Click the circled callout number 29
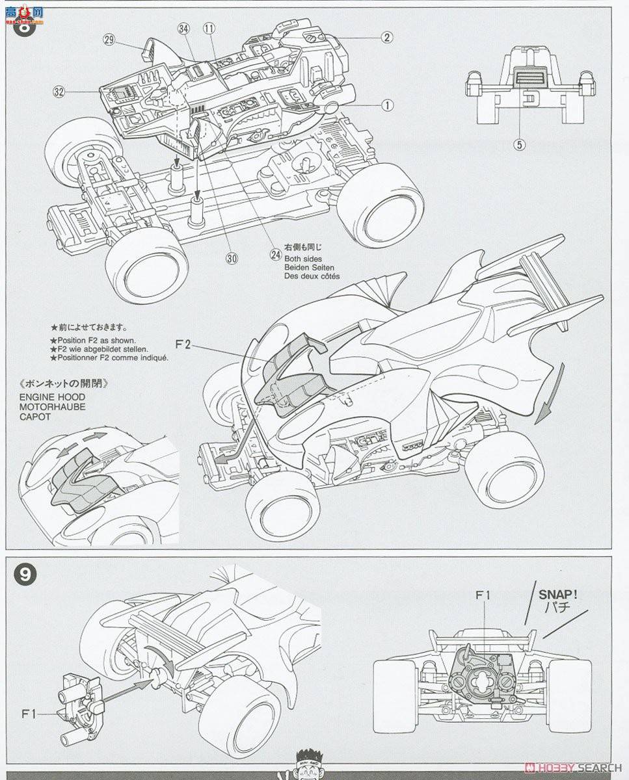pyautogui.click(x=109, y=40)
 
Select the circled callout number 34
pyautogui.click(x=183, y=29)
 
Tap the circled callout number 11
pyautogui.click(x=208, y=29)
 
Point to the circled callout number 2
pyautogui.click(x=386, y=37)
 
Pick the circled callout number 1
pyautogui.click(x=386, y=104)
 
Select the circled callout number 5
pyautogui.click(x=519, y=144)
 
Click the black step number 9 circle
pyautogui.click(x=25, y=574)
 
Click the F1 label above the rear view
pyautogui.click(x=483, y=594)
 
